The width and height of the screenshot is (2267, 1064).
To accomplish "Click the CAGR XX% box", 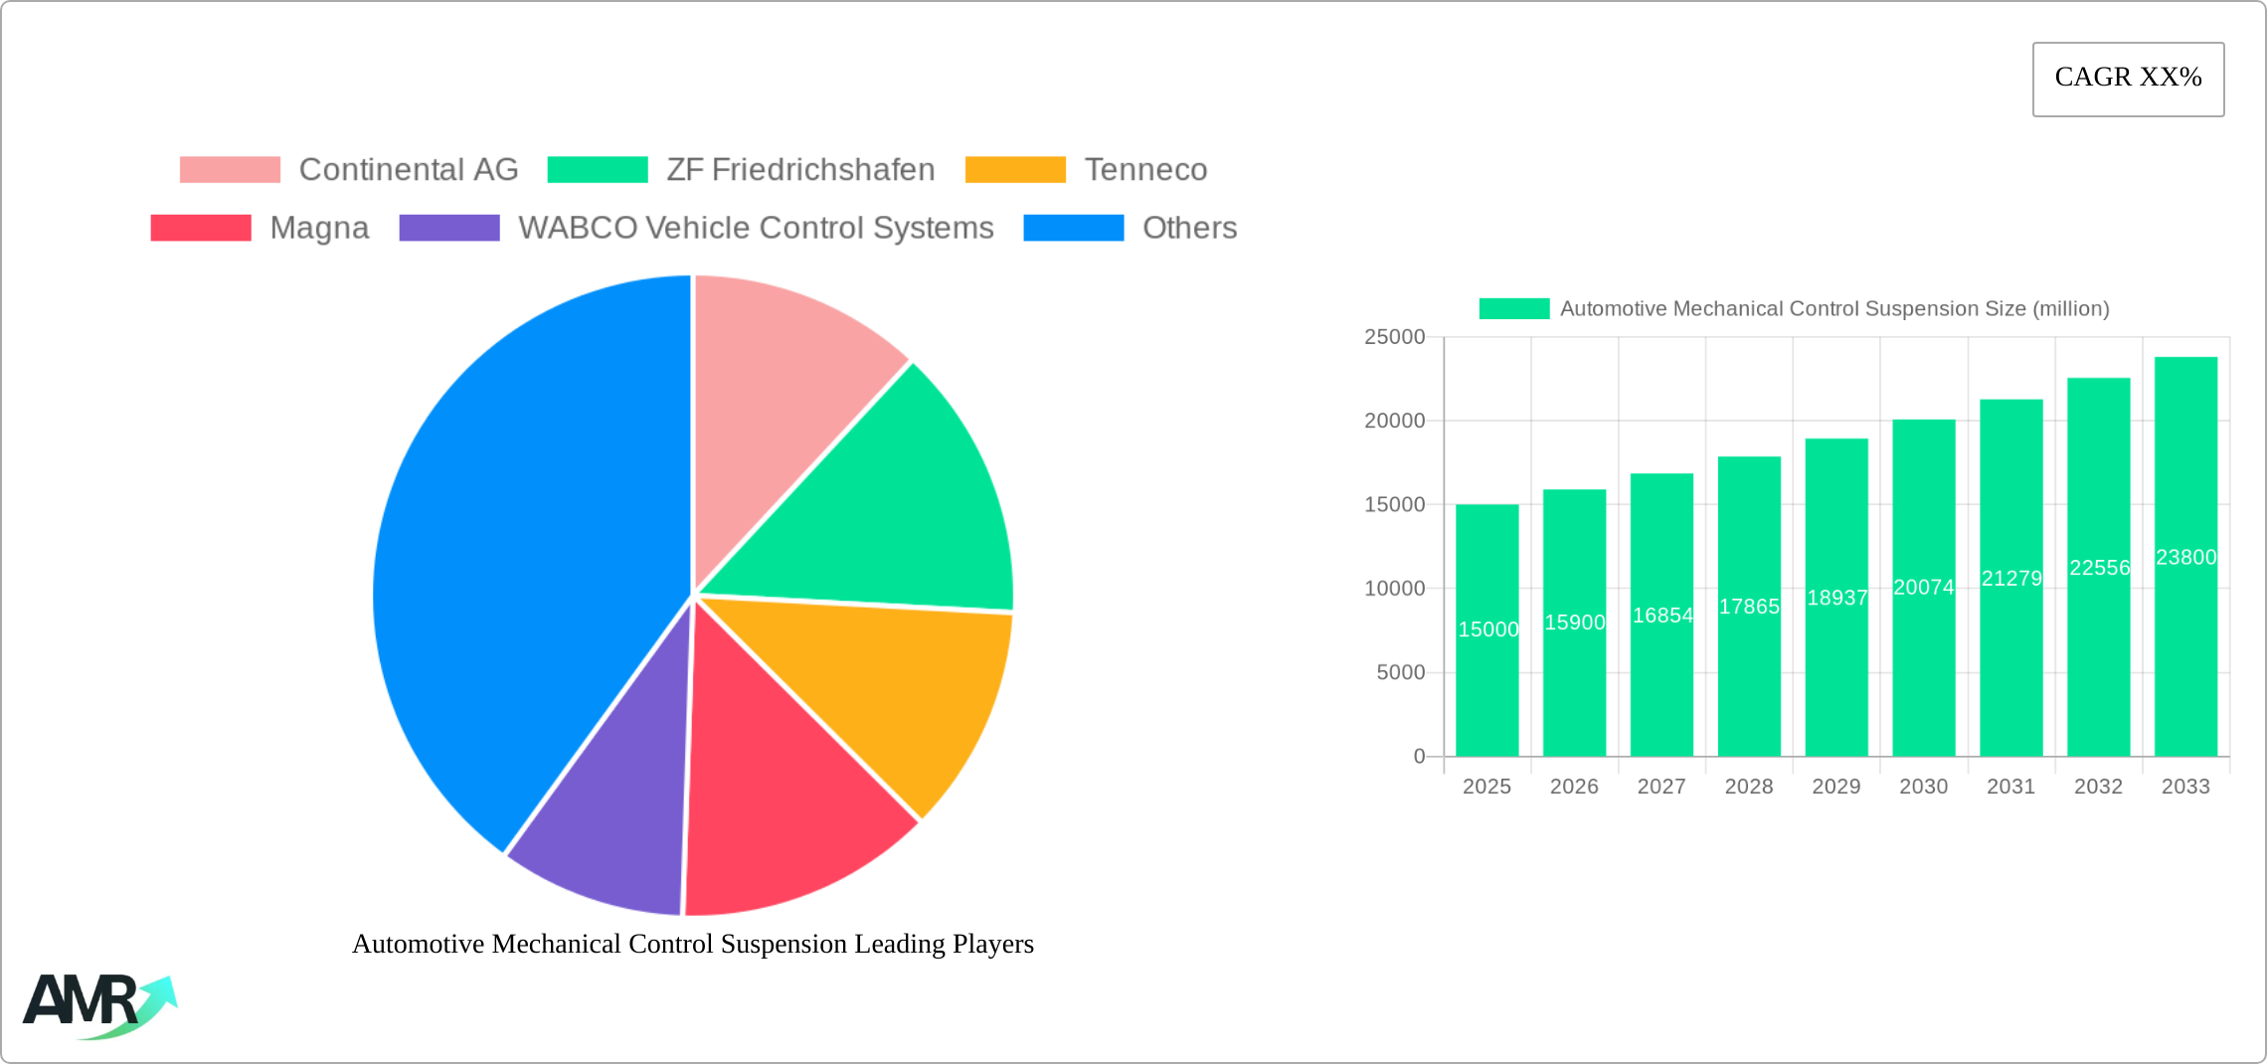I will pyautogui.click(x=2128, y=79).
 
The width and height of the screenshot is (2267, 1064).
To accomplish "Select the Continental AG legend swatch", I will pyautogui.click(x=230, y=170).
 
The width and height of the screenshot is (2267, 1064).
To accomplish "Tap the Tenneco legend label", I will pyautogui.click(x=1145, y=170).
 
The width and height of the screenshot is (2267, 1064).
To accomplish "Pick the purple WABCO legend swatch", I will pyautogui.click(x=449, y=228).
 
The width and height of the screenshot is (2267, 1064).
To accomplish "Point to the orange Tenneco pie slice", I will pyautogui.click(x=885, y=696).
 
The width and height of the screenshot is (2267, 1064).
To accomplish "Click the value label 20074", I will pyautogui.click(x=1923, y=588).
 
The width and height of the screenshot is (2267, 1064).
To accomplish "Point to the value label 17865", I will pyautogui.click(x=1749, y=607).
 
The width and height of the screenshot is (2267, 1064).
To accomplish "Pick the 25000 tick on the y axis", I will pyautogui.click(x=1394, y=337).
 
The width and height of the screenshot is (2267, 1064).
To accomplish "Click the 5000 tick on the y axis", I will pyautogui.click(x=1400, y=672).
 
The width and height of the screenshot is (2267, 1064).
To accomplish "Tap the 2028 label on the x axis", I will pyautogui.click(x=1749, y=787).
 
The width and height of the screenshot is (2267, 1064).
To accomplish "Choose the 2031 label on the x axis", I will pyautogui.click(x=2010, y=787).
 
